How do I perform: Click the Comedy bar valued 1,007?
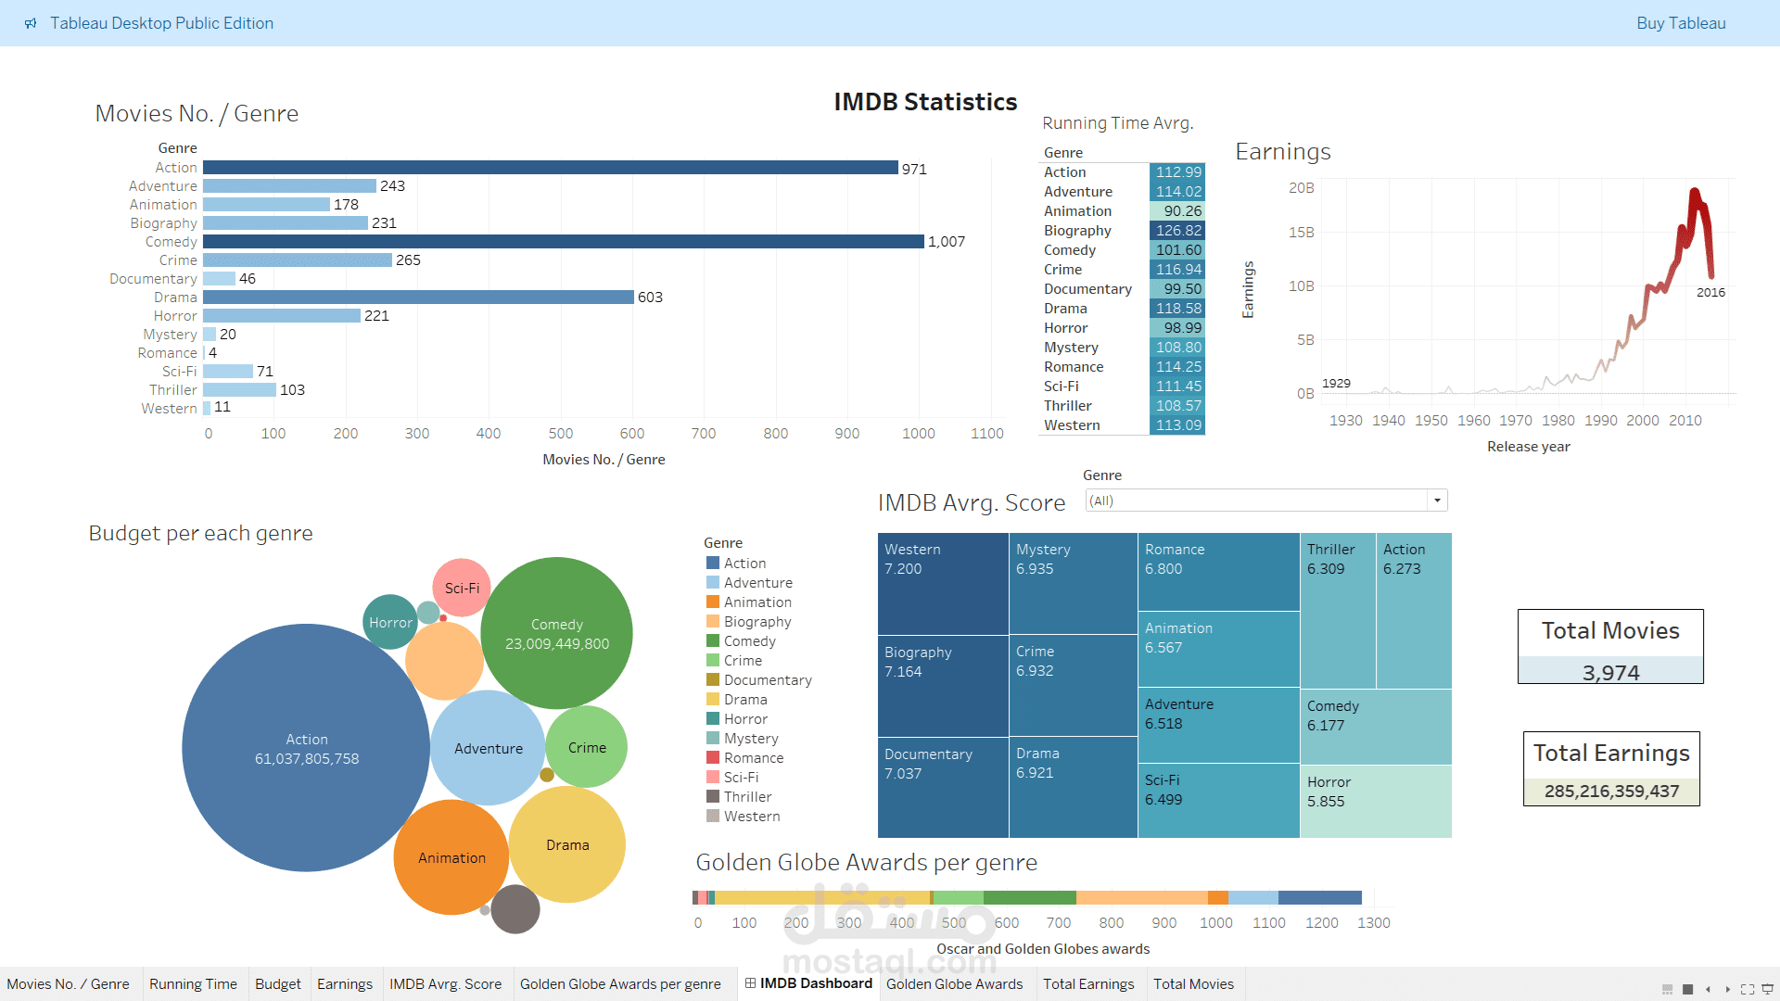tap(563, 242)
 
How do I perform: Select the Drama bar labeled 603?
tap(417, 298)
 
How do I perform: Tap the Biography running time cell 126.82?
tap(1177, 231)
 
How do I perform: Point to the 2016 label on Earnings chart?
tap(1710, 293)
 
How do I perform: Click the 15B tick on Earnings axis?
tap(1301, 233)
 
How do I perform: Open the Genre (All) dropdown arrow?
tap(1437, 501)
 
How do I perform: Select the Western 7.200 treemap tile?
tap(942, 584)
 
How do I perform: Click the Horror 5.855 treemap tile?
tap(1375, 802)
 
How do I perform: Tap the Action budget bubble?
tap(306, 748)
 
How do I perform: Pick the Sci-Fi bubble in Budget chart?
tap(462, 589)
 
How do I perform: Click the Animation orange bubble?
tap(451, 858)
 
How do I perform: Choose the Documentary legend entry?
tap(767, 680)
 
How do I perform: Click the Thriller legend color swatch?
tap(713, 797)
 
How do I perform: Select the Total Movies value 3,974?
tap(1610, 673)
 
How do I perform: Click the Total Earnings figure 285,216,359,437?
tap(1611, 792)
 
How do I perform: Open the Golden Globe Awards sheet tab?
tap(954, 984)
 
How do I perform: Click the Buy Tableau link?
tap(1680, 23)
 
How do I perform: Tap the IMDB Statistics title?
tap(925, 102)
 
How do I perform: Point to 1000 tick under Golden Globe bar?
tap(1215, 923)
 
